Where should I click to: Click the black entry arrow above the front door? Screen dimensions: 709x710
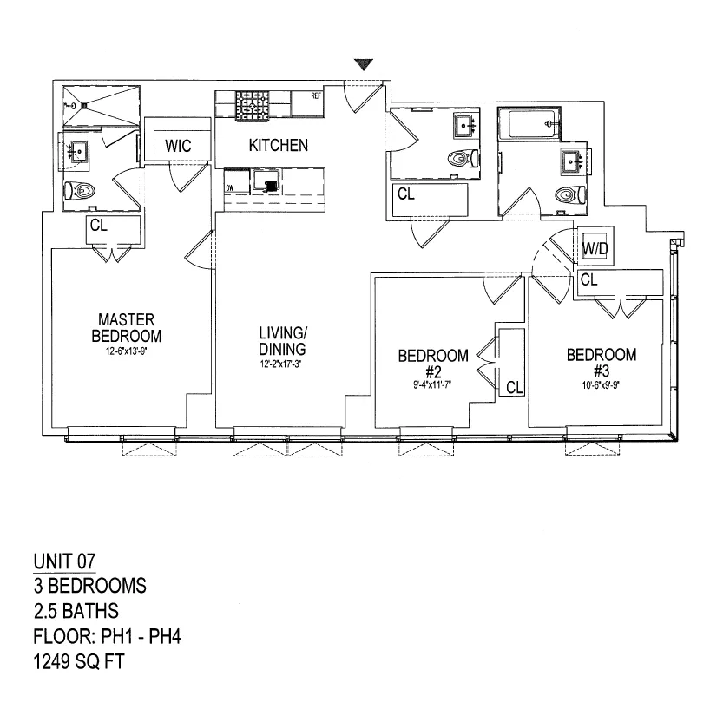(365, 64)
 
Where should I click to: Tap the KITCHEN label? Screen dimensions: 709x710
(278, 145)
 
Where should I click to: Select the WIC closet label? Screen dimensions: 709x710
(177, 146)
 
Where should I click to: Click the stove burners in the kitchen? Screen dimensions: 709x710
(252, 106)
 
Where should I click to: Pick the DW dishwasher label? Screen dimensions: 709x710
(231, 187)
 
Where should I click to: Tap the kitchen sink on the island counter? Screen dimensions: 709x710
(267, 182)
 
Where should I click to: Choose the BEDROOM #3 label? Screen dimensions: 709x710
(601, 361)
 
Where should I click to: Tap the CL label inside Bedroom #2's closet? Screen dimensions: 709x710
(514, 387)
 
